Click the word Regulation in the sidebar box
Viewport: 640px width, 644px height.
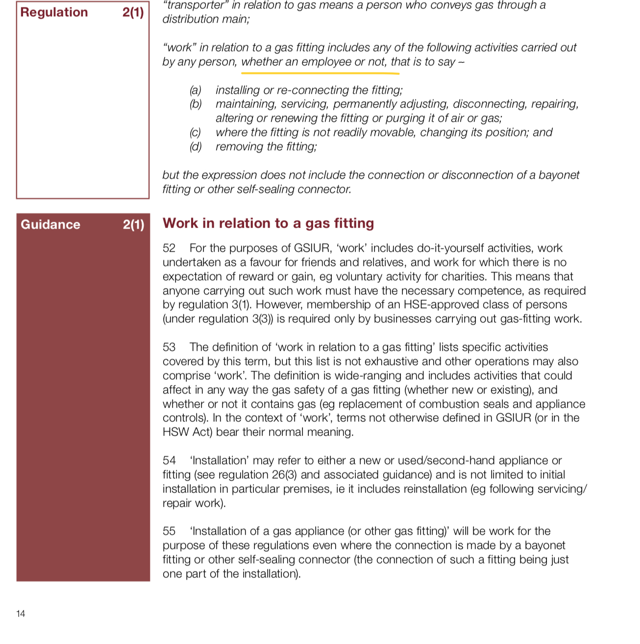[54, 12]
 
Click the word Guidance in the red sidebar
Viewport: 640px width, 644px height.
[50, 225]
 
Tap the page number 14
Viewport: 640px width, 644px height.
[21, 614]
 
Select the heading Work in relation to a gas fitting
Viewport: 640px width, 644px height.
[268, 224]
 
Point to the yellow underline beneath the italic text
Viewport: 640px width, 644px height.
[320, 74]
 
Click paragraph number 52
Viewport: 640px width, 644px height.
[169, 248]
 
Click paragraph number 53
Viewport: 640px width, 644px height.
[169, 347]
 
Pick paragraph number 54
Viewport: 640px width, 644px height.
[169, 461]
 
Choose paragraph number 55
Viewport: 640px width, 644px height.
[169, 531]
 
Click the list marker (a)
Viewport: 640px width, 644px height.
[196, 90]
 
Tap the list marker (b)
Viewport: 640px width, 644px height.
[196, 104]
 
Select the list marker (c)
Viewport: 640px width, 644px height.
[196, 132]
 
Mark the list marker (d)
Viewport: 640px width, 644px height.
[196, 147]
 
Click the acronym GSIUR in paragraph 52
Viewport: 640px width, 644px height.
[312, 248]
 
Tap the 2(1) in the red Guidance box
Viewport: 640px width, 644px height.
[133, 225]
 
